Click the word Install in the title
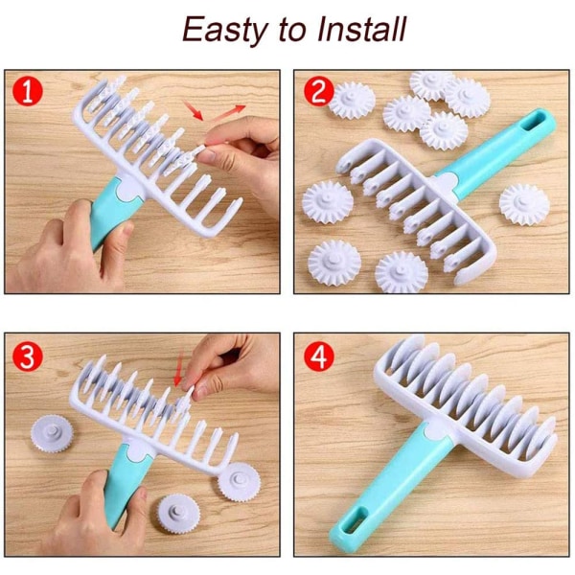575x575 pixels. pos(361,29)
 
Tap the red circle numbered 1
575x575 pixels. pos(28,91)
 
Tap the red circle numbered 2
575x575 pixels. pos(319,91)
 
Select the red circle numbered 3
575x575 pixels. pos(28,356)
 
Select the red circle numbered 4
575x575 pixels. pos(319,356)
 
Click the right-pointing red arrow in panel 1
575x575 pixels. pos(228,111)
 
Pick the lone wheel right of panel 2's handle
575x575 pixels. pos(524,204)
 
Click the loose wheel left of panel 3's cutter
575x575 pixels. pos(52,433)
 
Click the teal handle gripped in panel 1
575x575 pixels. pos(110,212)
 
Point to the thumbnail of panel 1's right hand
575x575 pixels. pos(209,155)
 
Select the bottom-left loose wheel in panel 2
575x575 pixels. pos(334,262)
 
